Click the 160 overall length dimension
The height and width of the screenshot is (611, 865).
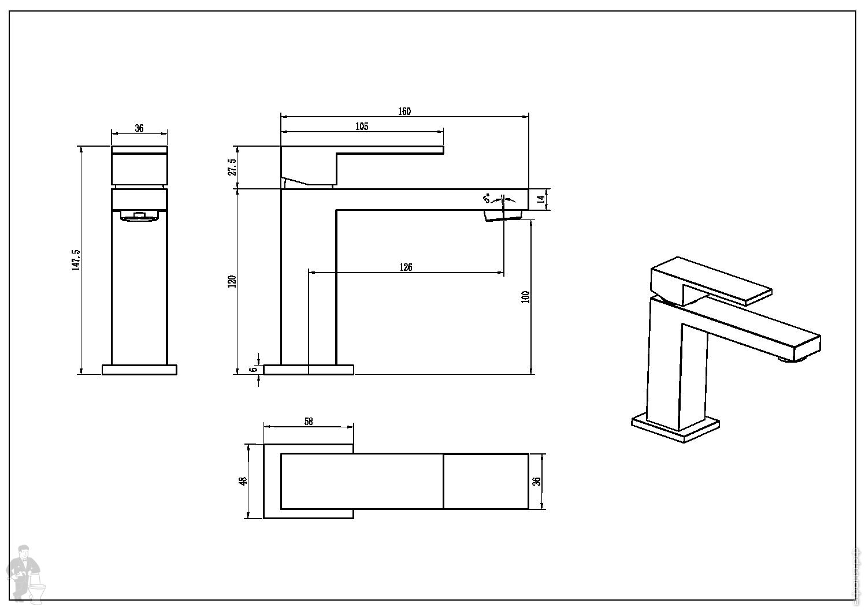pyautogui.click(x=404, y=111)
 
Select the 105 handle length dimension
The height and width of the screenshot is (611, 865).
pyautogui.click(x=362, y=126)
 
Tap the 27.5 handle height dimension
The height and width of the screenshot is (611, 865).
pyautogui.click(x=232, y=167)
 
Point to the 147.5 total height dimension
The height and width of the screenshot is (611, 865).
pyautogui.click(x=76, y=260)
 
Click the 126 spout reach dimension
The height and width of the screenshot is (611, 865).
pyautogui.click(x=406, y=267)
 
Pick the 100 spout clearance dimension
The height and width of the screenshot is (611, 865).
pyautogui.click(x=525, y=297)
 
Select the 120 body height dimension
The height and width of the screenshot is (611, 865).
pyautogui.click(x=232, y=281)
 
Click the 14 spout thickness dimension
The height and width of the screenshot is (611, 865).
pyautogui.click(x=540, y=199)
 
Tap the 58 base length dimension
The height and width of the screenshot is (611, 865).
pyautogui.click(x=308, y=422)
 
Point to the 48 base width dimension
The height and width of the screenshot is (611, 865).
pyautogui.click(x=243, y=480)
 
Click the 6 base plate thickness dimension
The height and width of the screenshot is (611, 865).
pyautogui.click(x=253, y=370)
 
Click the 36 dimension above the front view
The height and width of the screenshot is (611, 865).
pyautogui.click(x=139, y=128)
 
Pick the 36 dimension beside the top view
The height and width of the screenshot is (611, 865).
pyautogui.click(x=536, y=481)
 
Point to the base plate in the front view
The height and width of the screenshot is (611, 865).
pyautogui.click(x=139, y=370)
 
